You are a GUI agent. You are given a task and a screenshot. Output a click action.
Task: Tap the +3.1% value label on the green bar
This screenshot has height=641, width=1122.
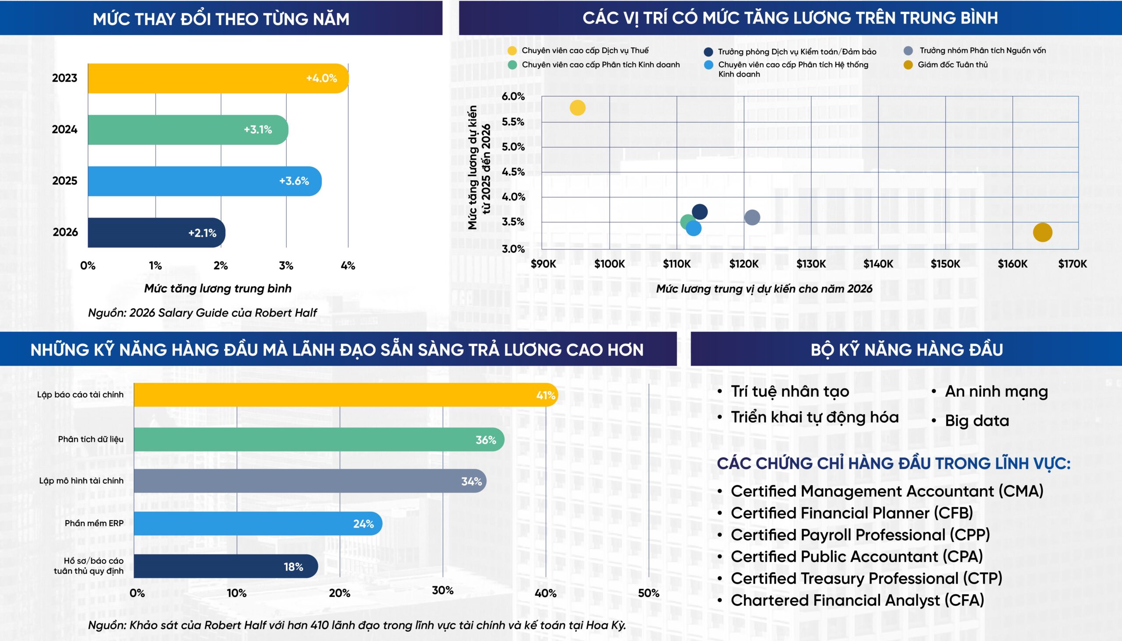point(258,130)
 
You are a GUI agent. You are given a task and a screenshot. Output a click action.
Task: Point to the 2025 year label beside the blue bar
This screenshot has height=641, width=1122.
point(64,181)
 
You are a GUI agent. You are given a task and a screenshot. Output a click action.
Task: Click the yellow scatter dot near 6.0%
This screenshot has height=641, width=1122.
point(577,108)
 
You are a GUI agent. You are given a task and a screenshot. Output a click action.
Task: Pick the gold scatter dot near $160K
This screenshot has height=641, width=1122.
point(1042,232)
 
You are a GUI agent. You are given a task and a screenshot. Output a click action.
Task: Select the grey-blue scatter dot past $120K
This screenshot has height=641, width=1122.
point(752,217)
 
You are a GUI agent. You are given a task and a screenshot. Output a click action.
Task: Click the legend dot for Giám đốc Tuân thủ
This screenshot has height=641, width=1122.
point(908,65)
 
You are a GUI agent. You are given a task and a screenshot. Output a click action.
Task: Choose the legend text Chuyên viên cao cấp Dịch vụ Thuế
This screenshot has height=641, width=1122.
point(585,51)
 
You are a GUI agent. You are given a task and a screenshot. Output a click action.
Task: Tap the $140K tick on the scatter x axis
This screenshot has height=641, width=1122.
point(878,264)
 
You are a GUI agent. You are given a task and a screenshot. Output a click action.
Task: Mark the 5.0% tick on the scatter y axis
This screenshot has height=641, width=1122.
point(513,147)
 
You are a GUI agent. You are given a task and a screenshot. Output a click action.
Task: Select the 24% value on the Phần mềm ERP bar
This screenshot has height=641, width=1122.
point(363,524)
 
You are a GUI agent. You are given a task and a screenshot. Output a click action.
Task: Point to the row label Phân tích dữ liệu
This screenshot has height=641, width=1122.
point(90,439)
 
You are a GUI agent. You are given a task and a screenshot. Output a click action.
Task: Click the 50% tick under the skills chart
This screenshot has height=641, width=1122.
point(648,593)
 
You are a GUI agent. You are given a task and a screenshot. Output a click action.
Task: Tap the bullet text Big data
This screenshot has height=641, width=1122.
point(976,421)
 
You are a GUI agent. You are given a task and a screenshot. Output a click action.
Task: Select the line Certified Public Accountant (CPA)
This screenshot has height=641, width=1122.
point(856,557)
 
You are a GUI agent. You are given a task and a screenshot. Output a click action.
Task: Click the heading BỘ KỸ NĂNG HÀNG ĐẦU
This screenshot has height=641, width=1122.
point(906,350)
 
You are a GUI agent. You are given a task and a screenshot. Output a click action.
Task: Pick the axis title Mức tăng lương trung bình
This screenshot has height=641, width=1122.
point(218,289)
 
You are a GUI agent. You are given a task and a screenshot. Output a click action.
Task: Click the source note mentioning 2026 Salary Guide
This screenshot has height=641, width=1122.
point(202,313)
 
